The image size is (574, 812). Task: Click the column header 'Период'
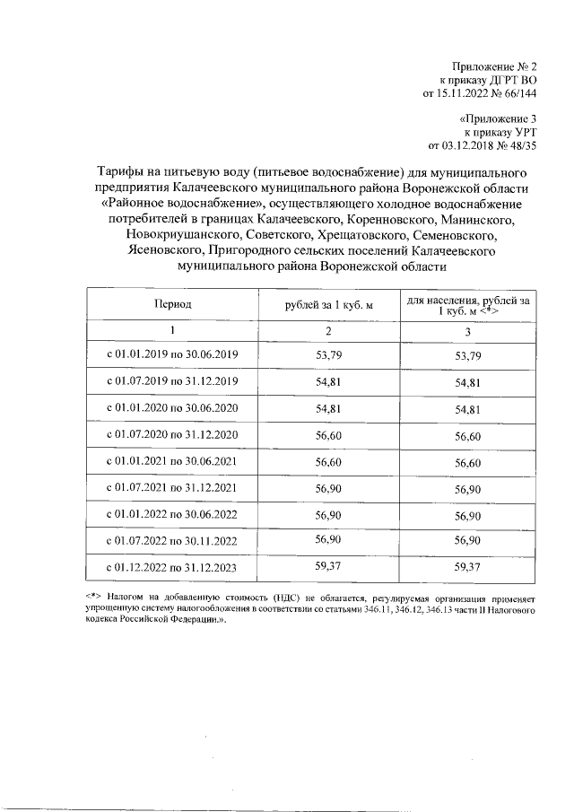172,307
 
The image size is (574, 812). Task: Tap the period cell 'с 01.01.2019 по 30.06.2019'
172,356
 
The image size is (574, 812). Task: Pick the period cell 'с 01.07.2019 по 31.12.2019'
172,382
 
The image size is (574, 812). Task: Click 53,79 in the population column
469,356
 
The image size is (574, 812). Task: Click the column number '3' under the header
469,331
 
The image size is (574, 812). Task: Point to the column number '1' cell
172,331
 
